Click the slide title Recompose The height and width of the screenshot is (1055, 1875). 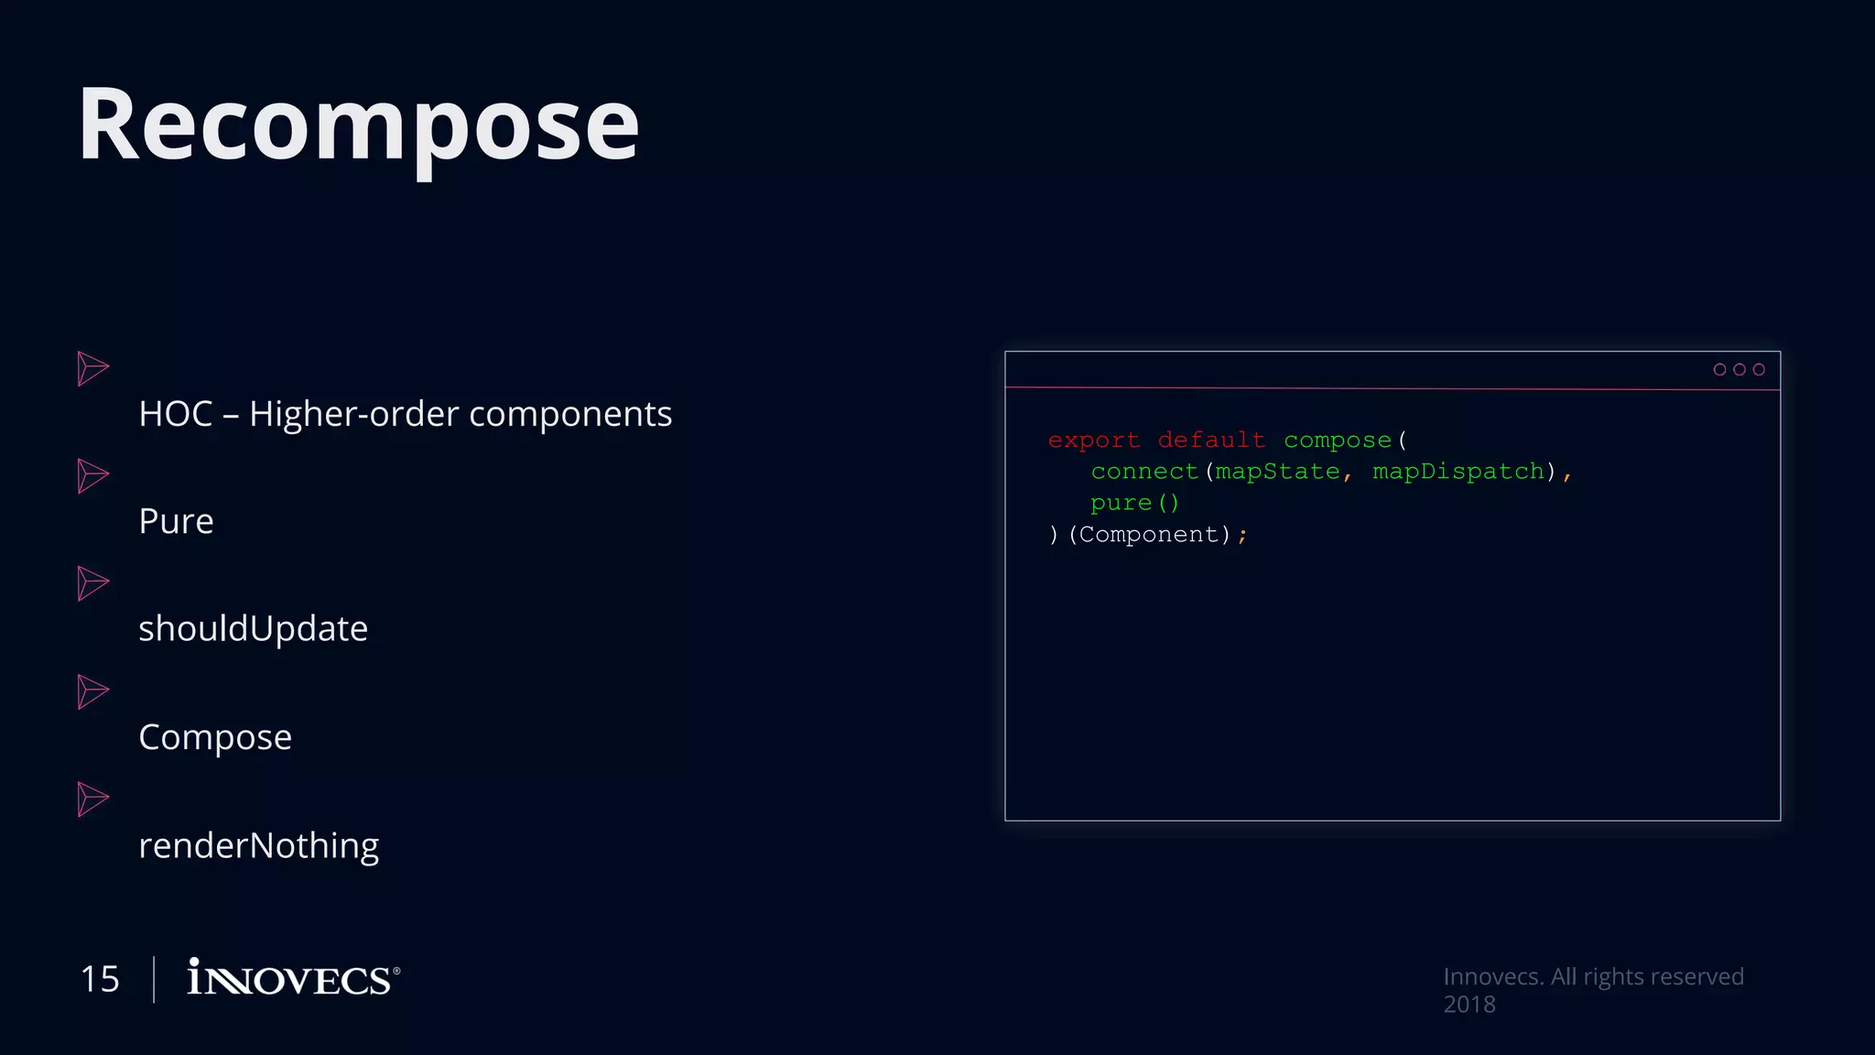coord(358,125)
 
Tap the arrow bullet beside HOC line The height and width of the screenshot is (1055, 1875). coord(92,368)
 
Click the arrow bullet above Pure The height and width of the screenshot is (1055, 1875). coord(92,476)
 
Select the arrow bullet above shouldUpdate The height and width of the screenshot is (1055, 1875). coord(92,583)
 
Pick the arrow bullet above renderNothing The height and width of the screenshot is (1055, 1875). coord(92,799)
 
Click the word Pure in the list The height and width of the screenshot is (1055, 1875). coord(176,521)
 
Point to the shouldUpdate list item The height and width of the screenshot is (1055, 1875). coord(253,628)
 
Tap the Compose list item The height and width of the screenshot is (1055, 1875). coord(215,736)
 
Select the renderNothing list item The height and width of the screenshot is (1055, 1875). coord(258,845)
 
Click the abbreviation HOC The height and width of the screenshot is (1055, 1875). coord(176,414)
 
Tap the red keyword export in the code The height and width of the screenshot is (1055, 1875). coord(1093,440)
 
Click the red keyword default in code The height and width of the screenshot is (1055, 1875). coord(1210,440)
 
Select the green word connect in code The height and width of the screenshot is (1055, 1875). coord(1144,472)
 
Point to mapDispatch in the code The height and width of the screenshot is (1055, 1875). coord(1458,472)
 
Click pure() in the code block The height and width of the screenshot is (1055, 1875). coord(1134,503)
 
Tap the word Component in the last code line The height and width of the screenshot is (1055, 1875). coord(1149,534)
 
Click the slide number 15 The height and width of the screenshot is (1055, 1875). coord(100,979)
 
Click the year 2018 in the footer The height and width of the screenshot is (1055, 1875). coord(1469,1005)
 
